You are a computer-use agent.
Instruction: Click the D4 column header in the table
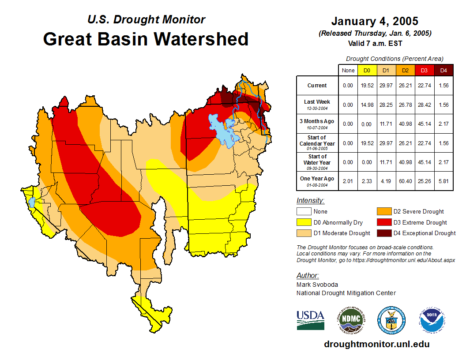[444, 70]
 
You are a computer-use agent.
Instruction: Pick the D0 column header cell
[367, 70]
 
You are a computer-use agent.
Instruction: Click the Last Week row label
[317, 104]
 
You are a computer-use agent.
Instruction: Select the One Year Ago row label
[317, 181]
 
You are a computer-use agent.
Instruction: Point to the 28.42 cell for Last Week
[425, 105]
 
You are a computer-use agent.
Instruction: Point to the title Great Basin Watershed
[146, 39]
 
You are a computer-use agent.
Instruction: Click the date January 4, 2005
[375, 21]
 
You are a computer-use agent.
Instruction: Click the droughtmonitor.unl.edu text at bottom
[376, 344]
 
